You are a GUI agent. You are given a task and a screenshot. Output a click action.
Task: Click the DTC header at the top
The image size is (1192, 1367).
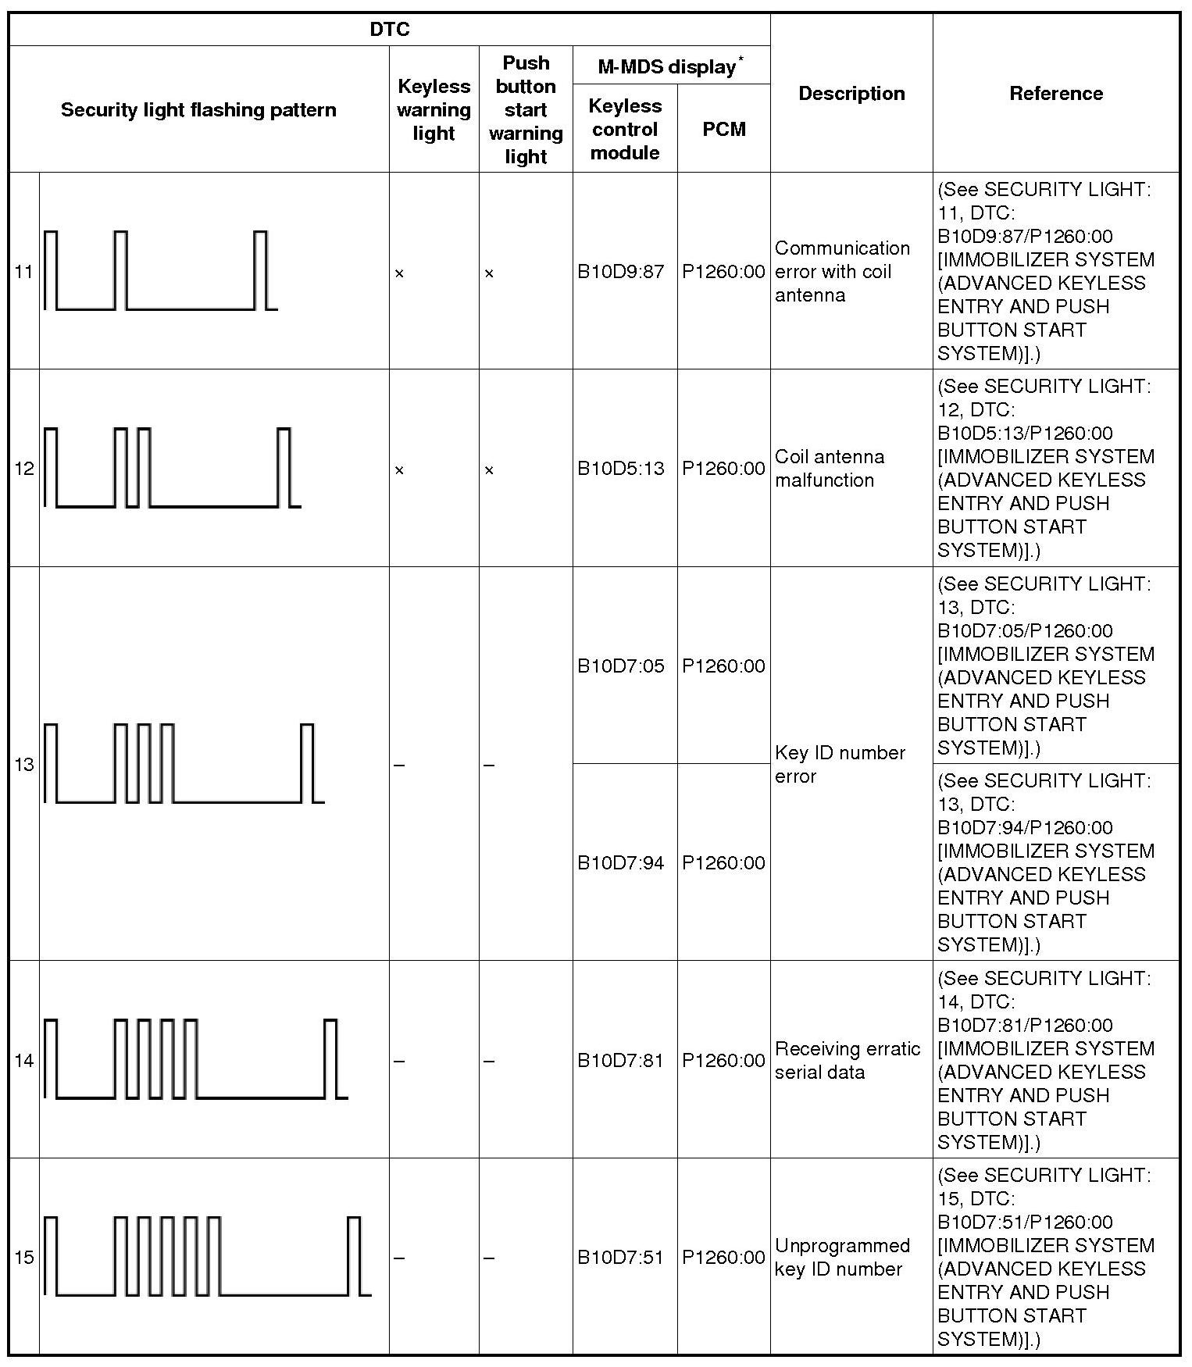(x=389, y=30)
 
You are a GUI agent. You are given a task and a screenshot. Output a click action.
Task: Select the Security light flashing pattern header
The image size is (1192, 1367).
(x=198, y=109)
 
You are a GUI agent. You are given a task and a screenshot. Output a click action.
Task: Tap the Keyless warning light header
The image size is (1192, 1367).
(x=434, y=109)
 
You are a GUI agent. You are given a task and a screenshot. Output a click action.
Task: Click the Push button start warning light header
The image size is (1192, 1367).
(x=526, y=109)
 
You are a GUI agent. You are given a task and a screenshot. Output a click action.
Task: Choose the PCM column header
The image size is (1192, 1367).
(x=723, y=129)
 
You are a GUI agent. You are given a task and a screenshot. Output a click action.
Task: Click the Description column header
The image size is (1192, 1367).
(x=851, y=94)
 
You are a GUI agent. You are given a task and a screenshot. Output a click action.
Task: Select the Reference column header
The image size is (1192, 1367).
(x=1056, y=94)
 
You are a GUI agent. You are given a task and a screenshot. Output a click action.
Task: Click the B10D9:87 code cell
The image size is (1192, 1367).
(x=621, y=272)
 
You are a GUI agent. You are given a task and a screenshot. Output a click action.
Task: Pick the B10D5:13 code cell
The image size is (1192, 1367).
(x=621, y=469)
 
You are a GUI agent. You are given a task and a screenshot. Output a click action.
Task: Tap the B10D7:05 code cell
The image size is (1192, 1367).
(x=621, y=666)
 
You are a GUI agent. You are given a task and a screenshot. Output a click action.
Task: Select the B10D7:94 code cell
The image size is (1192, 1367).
(x=621, y=863)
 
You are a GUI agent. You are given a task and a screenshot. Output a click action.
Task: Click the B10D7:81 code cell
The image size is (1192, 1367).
(x=621, y=1061)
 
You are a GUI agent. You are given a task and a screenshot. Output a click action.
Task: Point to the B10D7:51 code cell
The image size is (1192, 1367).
(x=621, y=1258)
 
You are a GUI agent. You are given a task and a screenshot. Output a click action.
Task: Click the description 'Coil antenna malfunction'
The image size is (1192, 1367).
(x=830, y=469)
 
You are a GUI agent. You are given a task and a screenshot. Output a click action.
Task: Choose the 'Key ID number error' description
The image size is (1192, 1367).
(x=840, y=765)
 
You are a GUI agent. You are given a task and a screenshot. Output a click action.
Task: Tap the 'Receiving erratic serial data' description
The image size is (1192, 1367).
(x=848, y=1061)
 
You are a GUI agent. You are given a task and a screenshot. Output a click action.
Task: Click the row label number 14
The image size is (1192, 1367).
(x=24, y=1061)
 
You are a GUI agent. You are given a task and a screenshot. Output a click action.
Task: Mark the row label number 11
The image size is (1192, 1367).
(x=24, y=272)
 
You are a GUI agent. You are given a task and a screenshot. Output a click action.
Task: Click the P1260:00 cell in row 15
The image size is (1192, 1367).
(x=723, y=1258)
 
